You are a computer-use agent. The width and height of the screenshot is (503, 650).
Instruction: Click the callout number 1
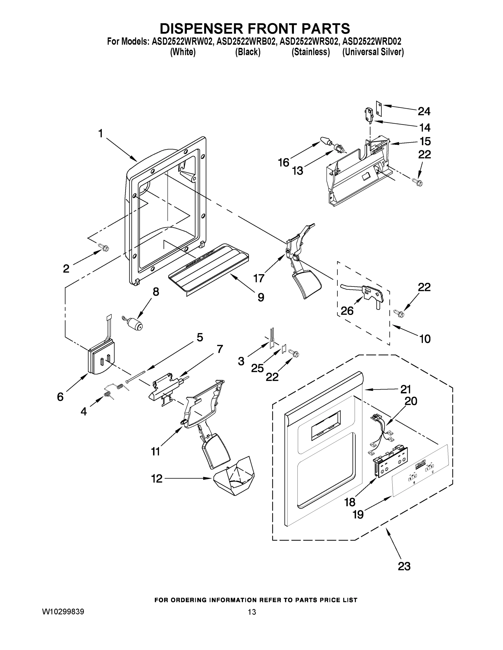101,134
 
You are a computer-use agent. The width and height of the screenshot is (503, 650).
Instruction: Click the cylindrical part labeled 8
135,324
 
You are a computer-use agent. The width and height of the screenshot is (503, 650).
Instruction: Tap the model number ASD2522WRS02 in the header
309,41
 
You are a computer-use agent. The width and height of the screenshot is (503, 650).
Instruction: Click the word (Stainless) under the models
311,52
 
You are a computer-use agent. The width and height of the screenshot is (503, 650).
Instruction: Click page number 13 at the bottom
252,612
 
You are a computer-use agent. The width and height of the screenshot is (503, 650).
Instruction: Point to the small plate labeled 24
379,108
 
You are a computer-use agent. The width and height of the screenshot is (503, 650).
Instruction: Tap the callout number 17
259,278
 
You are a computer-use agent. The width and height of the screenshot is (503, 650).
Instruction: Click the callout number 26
347,311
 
